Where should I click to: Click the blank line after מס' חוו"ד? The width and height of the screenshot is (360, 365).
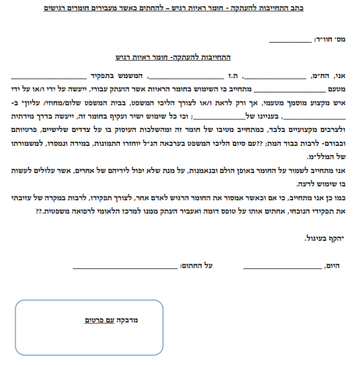[290, 42]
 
